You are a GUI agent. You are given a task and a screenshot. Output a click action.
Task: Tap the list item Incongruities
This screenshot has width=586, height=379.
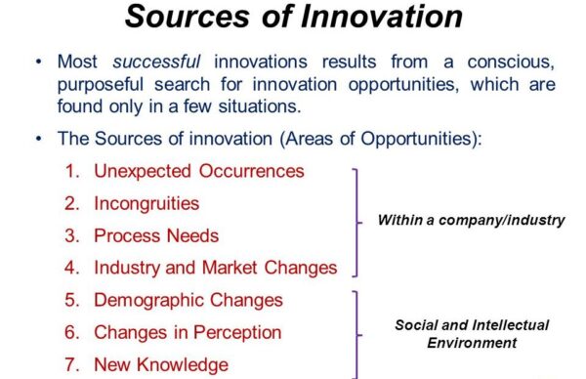(146, 203)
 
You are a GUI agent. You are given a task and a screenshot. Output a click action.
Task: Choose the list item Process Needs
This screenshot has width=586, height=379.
(156, 235)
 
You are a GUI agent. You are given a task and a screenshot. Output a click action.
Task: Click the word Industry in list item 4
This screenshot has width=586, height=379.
(127, 268)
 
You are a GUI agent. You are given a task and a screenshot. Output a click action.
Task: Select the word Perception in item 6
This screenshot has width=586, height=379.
(234, 332)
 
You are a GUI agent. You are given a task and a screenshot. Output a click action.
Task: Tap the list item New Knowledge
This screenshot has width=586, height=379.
(161, 364)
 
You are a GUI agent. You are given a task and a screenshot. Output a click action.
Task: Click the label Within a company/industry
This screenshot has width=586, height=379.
(471, 221)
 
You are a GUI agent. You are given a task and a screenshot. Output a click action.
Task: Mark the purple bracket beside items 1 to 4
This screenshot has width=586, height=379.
(356, 222)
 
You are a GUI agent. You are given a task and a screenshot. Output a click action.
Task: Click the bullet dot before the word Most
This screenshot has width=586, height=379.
(38, 63)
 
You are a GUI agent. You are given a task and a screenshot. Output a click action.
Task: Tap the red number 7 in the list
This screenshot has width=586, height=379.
(72, 364)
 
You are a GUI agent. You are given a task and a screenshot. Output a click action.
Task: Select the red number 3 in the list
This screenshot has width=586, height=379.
(72, 235)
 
